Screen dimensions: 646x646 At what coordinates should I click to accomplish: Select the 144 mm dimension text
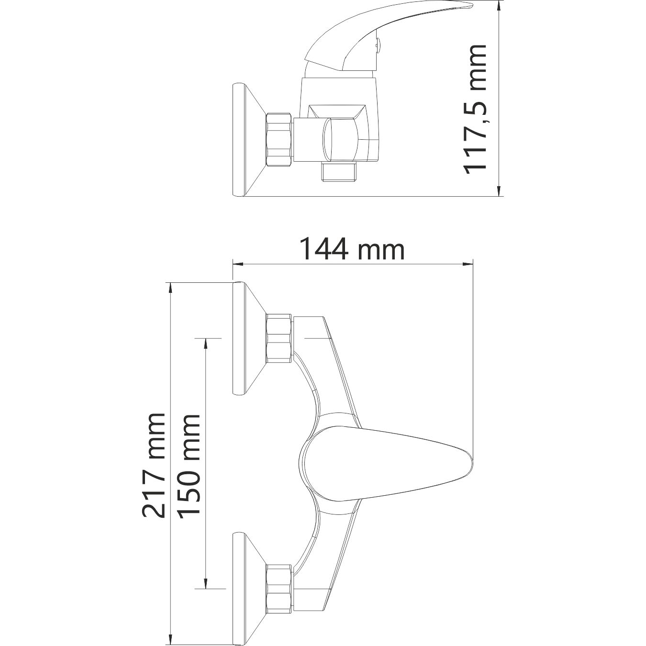pyautogui.click(x=352, y=250)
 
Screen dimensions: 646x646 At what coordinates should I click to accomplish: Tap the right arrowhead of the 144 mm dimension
pyautogui.click(x=468, y=264)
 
